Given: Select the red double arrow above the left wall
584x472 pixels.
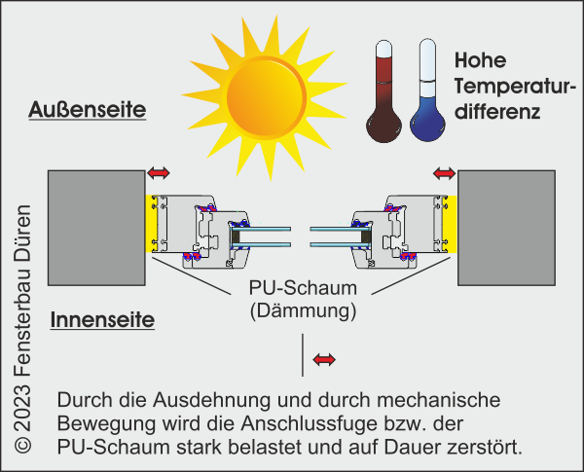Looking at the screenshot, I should (158, 172).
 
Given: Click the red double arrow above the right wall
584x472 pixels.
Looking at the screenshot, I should (443, 172).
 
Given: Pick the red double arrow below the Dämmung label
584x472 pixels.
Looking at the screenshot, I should (324, 360).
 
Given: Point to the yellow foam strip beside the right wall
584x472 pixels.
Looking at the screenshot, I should (451, 223).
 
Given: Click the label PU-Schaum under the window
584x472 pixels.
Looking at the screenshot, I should (303, 289).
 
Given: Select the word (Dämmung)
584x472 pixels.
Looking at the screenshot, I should (303, 311).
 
